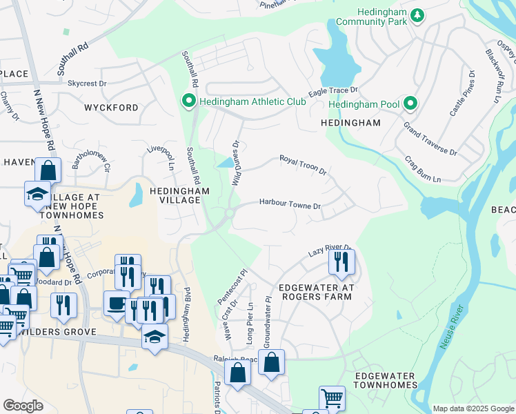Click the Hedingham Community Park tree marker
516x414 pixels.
pyautogui.click(x=417, y=14)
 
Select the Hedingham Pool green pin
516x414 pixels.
pyautogui.click(x=410, y=103)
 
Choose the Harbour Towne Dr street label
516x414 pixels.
pyautogui.click(x=290, y=205)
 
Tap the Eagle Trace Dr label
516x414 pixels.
pyautogui.click(x=333, y=90)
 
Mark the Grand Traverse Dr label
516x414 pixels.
pyautogui.click(x=430, y=139)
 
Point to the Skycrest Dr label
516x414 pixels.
pyautogui.click(x=87, y=83)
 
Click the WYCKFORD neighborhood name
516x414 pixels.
pyautogui.click(x=111, y=108)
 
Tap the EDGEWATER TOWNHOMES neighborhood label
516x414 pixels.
pyautogui.click(x=385, y=379)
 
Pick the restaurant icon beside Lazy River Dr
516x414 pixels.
pyautogui.click(x=341, y=262)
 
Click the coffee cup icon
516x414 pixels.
pyautogui.click(x=116, y=302)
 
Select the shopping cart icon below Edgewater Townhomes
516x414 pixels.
pyautogui.click(x=331, y=397)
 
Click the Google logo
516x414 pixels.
pyautogui.click(x=23, y=406)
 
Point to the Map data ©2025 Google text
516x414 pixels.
pyautogui.click(x=473, y=408)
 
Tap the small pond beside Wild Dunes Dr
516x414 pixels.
pyautogui.click(x=225, y=164)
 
